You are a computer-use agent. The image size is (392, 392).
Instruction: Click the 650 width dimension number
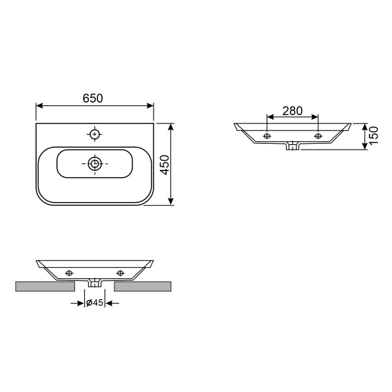coord(93,98)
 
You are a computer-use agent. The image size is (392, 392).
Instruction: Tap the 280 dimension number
coord(292,111)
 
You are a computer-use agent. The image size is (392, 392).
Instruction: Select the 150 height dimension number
coord(374,137)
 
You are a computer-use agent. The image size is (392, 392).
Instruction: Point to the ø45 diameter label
coord(95,303)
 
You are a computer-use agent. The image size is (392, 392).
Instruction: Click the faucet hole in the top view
coord(95,134)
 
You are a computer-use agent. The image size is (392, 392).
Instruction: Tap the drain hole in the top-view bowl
coord(95,163)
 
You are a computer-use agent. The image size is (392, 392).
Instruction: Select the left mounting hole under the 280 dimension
coord(267,136)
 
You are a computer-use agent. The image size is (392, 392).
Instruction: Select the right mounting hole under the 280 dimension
coord(318,136)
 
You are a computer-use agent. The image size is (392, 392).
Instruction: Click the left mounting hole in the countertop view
coord(69,272)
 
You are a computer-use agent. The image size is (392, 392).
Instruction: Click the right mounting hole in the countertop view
coord(120,272)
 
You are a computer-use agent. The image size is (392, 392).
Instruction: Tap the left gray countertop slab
coord(46,286)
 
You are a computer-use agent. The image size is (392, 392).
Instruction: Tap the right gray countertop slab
coord(144,286)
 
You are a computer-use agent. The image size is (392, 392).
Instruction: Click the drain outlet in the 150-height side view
coord(293,146)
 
